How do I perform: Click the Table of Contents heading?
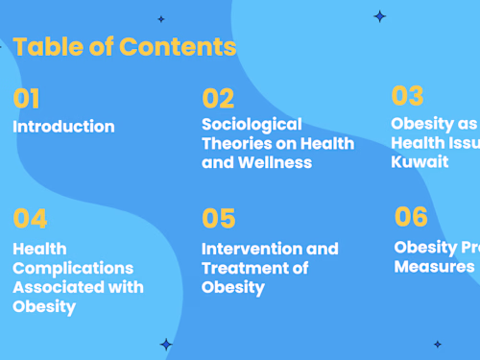click(x=124, y=46)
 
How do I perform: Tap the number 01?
click(x=27, y=99)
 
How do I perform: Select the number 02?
click(x=218, y=98)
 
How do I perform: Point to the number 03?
click(x=407, y=96)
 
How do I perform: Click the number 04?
click(x=30, y=219)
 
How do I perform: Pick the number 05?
click(x=218, y=219)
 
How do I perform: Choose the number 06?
click(x=411, y=217)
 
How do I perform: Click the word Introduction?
click(x=63, y=127)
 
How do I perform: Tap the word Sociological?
click(x=252, y=124)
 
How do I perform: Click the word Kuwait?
click(x=420, y=161)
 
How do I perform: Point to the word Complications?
click(x=73, y=268)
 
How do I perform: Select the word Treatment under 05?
click(x=243, y=268)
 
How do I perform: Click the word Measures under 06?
click(x=434, y=266)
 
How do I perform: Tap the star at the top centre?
click(x=161, y=19)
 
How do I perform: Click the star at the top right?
click(x=379, y=16)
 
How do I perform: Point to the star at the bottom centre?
click(x=166, y=344)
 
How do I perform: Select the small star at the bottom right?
click(x=437, y=344)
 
